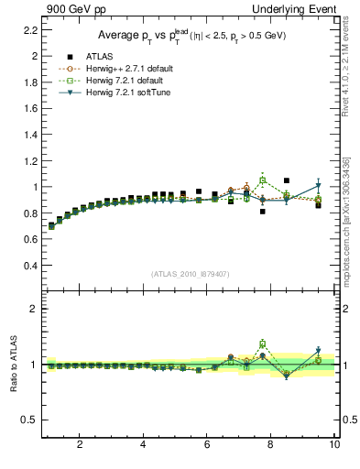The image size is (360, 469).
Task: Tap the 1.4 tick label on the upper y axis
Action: pyautogui.click(x=30, y=135)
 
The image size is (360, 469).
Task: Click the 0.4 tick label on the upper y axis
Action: pyautogui.click(x=30, y=266)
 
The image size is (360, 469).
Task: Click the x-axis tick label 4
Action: pyautogui.click(x=143, y=445)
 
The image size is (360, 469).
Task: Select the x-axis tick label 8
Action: pyautogui.click(x=271, y=445)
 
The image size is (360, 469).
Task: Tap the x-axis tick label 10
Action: pyautogui.click(x=334, y=445)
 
